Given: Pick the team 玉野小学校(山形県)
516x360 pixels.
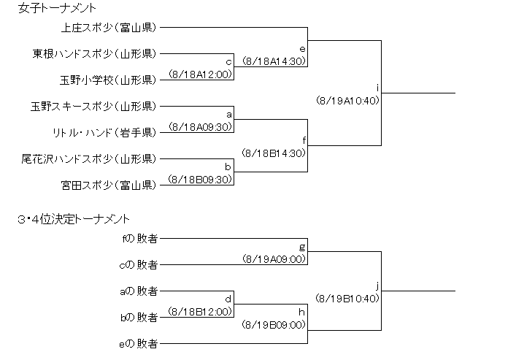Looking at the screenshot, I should coord(107,80).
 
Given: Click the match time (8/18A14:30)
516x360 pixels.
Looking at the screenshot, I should coord(273,61).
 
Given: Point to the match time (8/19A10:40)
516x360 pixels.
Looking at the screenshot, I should coord(347,101).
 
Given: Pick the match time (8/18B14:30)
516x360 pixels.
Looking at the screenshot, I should coord(273,153).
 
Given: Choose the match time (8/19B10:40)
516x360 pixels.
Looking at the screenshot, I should coord(347,298).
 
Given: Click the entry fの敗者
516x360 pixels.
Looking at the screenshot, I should coord(141,239).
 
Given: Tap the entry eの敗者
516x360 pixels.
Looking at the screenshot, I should coord(141,343).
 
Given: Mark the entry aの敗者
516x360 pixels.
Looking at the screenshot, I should coord(141,291).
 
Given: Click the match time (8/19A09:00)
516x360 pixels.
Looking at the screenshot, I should coord(273,258).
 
